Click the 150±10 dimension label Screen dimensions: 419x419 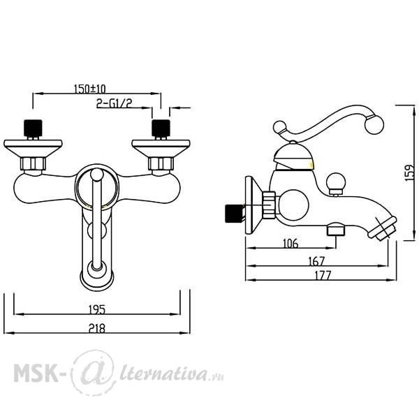point(90,89)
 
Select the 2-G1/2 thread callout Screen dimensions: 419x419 point(115,103)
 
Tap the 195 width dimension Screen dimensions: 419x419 point(97,309)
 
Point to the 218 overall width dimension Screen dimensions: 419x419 point(97,328)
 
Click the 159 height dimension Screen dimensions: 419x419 point(409,172)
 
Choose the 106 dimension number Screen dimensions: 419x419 point(291,243)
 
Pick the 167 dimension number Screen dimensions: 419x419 point(316,261)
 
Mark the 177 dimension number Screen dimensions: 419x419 point(323,275)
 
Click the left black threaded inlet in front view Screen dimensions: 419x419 point(33,128)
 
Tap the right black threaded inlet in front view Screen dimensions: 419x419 point(161,128)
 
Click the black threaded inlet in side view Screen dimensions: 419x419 point(235,214)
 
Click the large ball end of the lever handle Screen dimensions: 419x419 point(374,125)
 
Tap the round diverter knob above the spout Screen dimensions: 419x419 point(337,181)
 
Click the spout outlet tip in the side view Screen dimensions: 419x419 point(383,228)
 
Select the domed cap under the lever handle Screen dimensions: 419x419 point(293,156)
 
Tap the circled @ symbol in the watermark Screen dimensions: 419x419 point(93,372)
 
